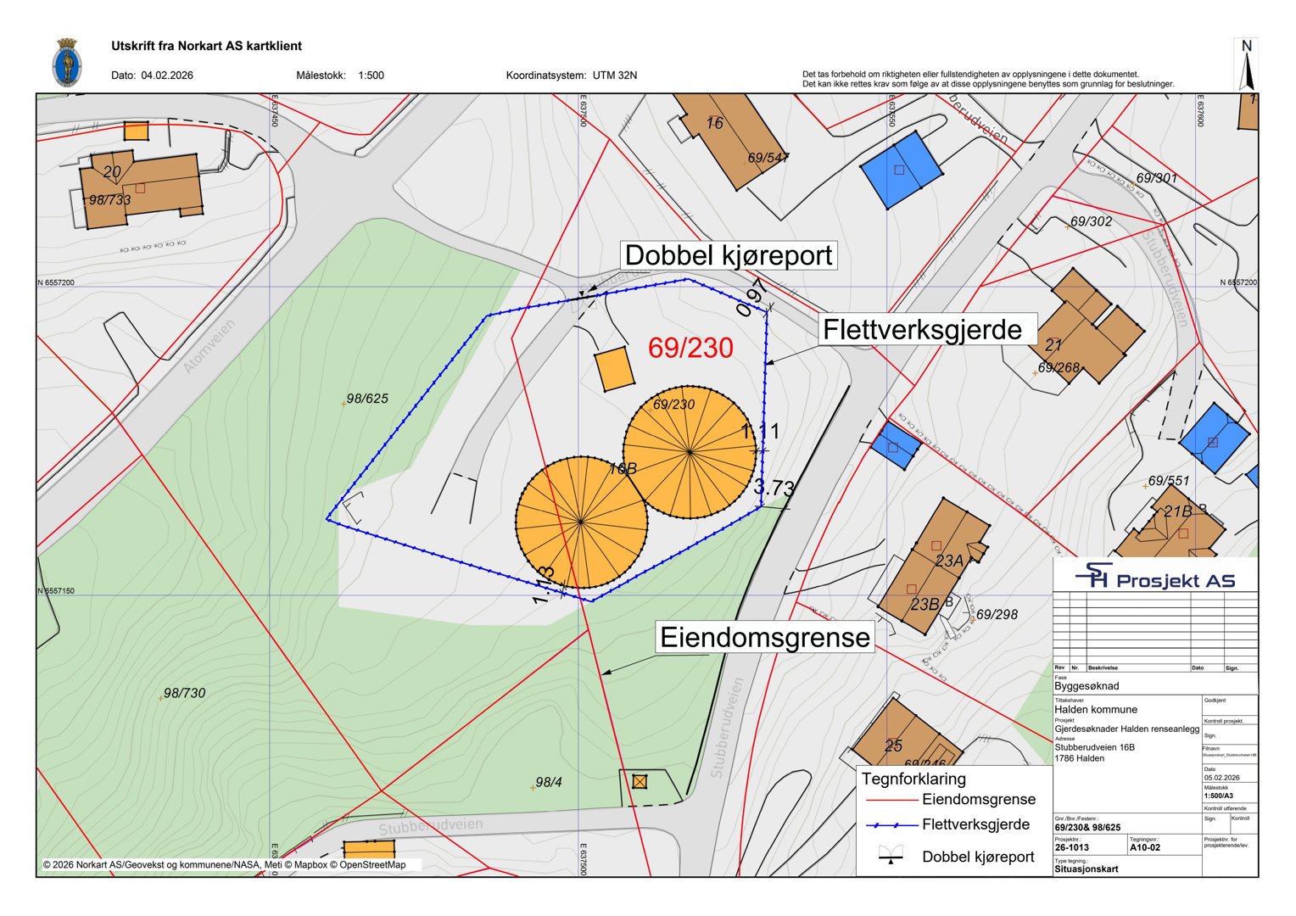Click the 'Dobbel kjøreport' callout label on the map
(x=729, y=255)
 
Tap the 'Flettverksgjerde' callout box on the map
(x=922, y=329)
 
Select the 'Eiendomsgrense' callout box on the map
(x=765, y=638)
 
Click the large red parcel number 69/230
(x=690, y=348)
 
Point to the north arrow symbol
(x=1246, y=65)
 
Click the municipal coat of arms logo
(x=66, y=63)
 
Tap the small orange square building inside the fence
(x=614, y=370)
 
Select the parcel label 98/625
(x=367, y=399)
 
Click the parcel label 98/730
(x=184, y=693)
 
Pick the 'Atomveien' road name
(x=209, y=346)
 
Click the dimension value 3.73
(x=774, y=488)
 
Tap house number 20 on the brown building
(x=112, y=172)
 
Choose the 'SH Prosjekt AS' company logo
(x=1155, y=578)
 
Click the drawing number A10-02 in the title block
(x=1144, y=847)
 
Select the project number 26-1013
(x=1073, y=847)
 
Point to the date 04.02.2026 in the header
(x=167, y=75)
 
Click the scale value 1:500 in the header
(x=371, y=75)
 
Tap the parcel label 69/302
(x=1091, y=221)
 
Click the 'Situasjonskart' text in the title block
(x=1087, y=869)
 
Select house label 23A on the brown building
(x=950, y=561)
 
